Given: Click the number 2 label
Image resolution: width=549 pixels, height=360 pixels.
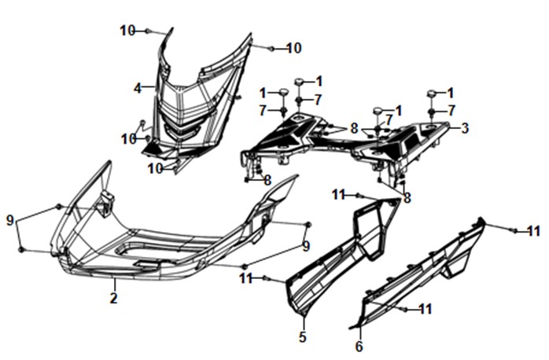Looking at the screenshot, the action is [x=113, y=298].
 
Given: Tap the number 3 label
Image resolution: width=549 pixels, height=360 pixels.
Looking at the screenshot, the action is [x=465, y=128].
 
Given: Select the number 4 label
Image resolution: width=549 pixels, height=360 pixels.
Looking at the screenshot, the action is [x=138, y=88].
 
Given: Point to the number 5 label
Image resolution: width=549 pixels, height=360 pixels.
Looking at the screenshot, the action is [x=303, y=337].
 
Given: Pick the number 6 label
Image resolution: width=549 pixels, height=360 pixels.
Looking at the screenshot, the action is [x=359, y=347].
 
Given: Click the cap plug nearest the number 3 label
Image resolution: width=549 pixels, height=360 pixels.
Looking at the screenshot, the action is [x=431, y=94].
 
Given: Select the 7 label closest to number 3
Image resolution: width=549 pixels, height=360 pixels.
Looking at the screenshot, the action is [x=451, y=111].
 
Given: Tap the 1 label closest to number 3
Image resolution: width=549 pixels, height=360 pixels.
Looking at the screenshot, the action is [x=451, y=93].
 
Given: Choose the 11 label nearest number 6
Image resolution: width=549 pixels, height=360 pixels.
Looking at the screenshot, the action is [x=426, y=309].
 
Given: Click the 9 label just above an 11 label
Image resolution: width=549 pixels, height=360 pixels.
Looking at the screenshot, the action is [x=306, y=246].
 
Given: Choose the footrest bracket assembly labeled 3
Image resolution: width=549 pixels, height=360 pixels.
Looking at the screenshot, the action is [x=345, y=143].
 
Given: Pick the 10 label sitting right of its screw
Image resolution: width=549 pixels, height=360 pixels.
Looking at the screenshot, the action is [x=294, y=48].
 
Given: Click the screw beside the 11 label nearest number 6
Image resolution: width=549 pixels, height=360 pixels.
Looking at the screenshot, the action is [x=405, y=309].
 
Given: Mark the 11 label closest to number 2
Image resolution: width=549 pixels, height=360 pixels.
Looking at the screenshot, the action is [x=246, y=279].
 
